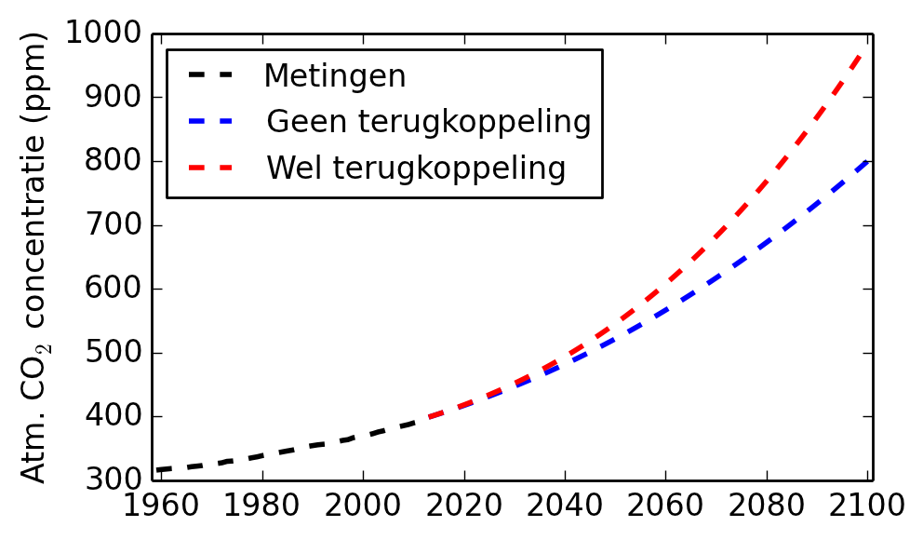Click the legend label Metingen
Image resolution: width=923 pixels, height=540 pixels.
pyautogui.click(x=335, y=75)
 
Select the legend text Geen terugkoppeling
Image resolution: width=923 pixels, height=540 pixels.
pyautogui.click(x=428, y=122)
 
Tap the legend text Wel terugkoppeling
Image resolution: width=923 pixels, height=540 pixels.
pyautogui.click(x=416, y=169)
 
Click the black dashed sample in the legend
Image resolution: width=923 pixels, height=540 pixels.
pyautogui.click(x=208, y=74)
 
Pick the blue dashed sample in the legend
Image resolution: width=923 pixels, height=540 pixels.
pyautogui.click(x=208, y=120)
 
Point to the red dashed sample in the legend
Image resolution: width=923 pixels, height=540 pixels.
pyautogui.click(x=208, y=167)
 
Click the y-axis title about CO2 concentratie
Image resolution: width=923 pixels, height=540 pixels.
pyautogui.click(x=34, y=258)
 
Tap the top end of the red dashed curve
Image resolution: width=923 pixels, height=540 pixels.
pyautogui.click(x=866, y=49)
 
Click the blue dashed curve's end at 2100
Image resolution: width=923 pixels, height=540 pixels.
pyautogui.click(x=867, y=162)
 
